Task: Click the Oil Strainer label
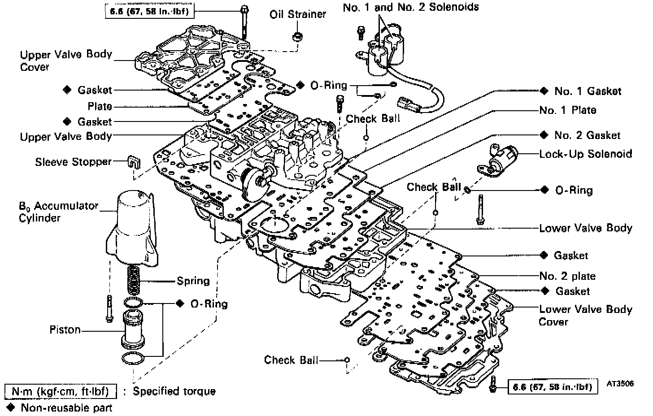[297, 14]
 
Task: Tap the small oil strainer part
[296, 36]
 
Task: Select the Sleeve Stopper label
[73, 161]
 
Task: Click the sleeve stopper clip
[132, 162]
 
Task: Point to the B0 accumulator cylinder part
[132, 229]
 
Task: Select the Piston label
[65, 330]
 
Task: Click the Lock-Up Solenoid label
[586, 154]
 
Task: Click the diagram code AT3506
[621, 384]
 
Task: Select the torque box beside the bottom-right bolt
[553, 387]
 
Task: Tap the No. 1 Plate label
[568, 110]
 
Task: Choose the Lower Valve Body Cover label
[585, 315]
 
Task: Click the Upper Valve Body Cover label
[66, 61]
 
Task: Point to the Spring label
[193, 281]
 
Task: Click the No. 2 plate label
[568, 276]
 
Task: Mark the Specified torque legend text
[174, 391]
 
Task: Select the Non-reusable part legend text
[66, 407]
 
